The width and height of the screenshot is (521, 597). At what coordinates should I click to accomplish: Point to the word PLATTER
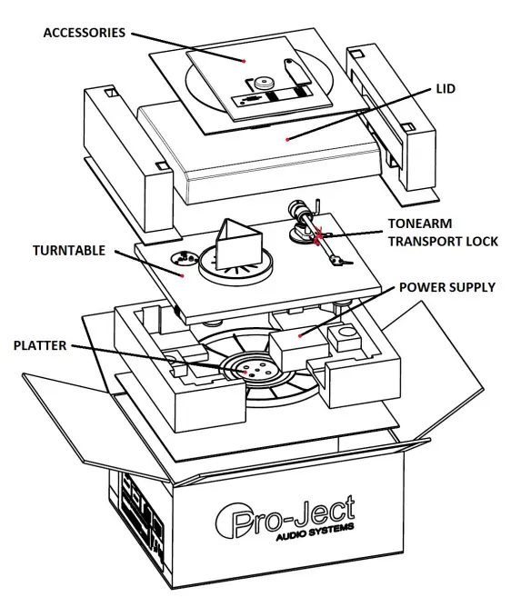tap(41, 346)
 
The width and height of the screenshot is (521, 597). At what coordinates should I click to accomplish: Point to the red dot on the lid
tap(289, 138)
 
